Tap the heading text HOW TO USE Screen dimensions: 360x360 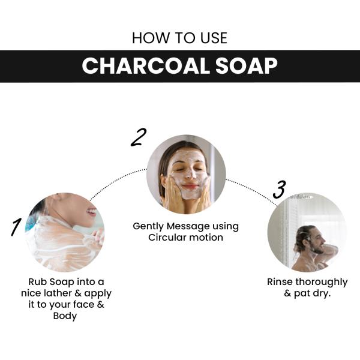tap(179, 38)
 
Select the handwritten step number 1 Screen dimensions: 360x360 tap(17, 227)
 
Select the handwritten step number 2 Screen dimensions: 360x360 tap(138, 137)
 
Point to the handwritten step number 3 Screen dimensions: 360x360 tap(278, 189)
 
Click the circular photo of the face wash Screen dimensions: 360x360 tap(186, 175)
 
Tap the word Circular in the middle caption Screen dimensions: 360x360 tap(167, 237)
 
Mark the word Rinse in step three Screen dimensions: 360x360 tap(281, 281)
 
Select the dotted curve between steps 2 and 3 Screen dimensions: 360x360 tap(252, 188)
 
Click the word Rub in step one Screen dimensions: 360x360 tap(38, 282)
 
